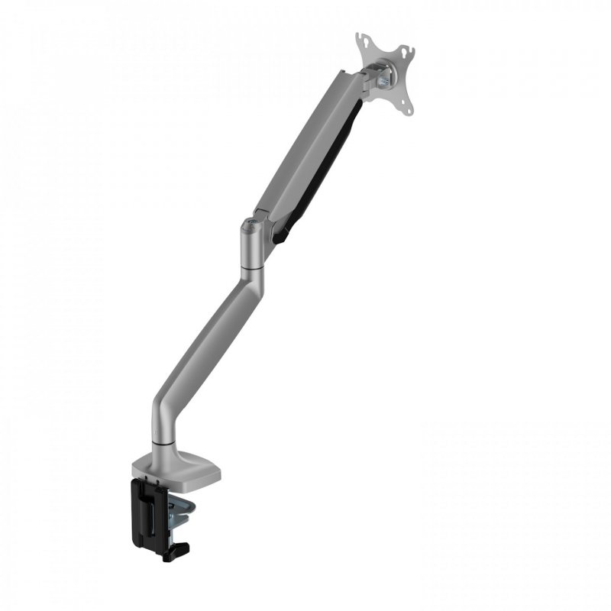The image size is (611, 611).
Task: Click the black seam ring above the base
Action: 164,441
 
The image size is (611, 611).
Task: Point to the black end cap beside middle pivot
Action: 281,233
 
